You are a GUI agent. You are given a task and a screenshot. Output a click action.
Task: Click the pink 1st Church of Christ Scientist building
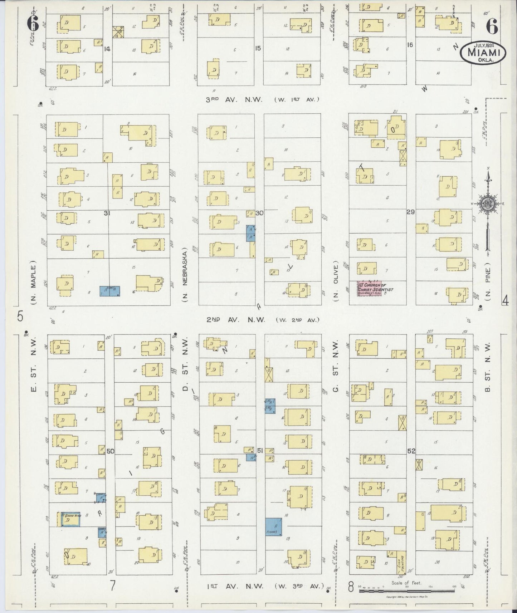(x=370, y=288)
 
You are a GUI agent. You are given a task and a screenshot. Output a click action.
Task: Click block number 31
(x=106, y=213)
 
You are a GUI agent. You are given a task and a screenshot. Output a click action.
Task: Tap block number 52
(x=411, y=451)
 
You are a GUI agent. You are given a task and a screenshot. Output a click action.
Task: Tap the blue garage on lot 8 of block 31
(x=109, y=291)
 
